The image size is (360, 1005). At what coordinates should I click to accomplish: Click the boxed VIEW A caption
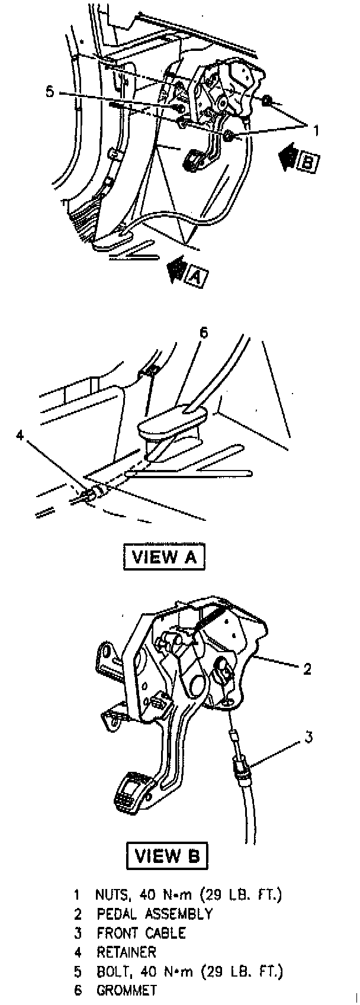tap(164, 557)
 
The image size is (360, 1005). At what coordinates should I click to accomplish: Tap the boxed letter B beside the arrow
tap(307, 162)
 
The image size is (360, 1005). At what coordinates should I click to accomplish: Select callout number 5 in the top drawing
tap(50, 92)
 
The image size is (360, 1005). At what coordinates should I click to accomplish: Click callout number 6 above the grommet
tap(203, 333)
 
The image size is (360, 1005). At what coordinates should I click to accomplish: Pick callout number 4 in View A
tap(20, 435)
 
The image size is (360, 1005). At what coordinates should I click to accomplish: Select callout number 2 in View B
tap(307, 669)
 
